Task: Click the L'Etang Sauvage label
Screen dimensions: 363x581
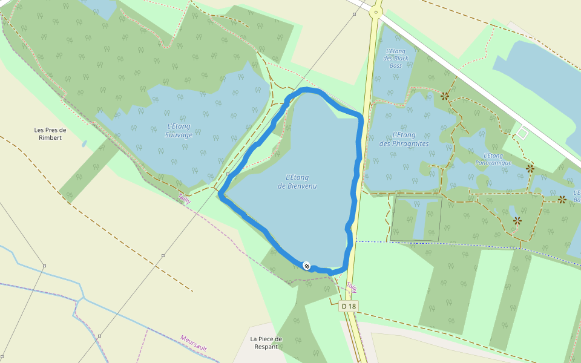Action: pyautogui.click(x=179, y=130)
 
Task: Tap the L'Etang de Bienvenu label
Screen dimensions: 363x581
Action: pyautogui.click(x=297, y=181)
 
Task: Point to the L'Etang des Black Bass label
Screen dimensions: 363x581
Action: pyautogui.click(x=396, y=58)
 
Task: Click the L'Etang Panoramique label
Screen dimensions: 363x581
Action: pyautogui.click(x=493, y=159)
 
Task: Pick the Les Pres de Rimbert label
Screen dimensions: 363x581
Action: pyautogui.click(x=50, y=133)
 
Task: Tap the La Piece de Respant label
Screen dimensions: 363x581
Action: pyautogui.click(x=264, y=342)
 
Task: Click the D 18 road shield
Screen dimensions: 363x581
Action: pyautogui.click(x=349, y=307)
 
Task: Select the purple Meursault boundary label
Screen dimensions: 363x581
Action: pyautogui.click(x=194, y=343)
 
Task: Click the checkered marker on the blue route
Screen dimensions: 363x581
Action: pyautogui.click(x=307, y=266)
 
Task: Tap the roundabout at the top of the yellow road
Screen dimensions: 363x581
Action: pyautogui.click(x=376, y=11)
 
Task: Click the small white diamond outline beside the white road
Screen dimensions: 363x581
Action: pyautogui.click(x=522, y=132)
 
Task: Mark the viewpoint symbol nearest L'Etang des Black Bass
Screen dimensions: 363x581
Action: pyautogui.click(x=445, y=96)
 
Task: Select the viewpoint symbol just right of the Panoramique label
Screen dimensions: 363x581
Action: pyautogui.click(x=530, y=169)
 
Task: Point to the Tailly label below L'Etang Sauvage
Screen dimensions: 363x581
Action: pyautogui.click(x=184, y=198)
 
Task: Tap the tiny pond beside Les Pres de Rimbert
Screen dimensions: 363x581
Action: pyautogui.click(x=84, y=144)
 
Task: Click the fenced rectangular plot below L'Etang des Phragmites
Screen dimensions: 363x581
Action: pyautogui.click(x=415, y=218)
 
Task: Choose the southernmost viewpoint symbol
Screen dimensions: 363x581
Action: pyautogui.click(x=517, y=221)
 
